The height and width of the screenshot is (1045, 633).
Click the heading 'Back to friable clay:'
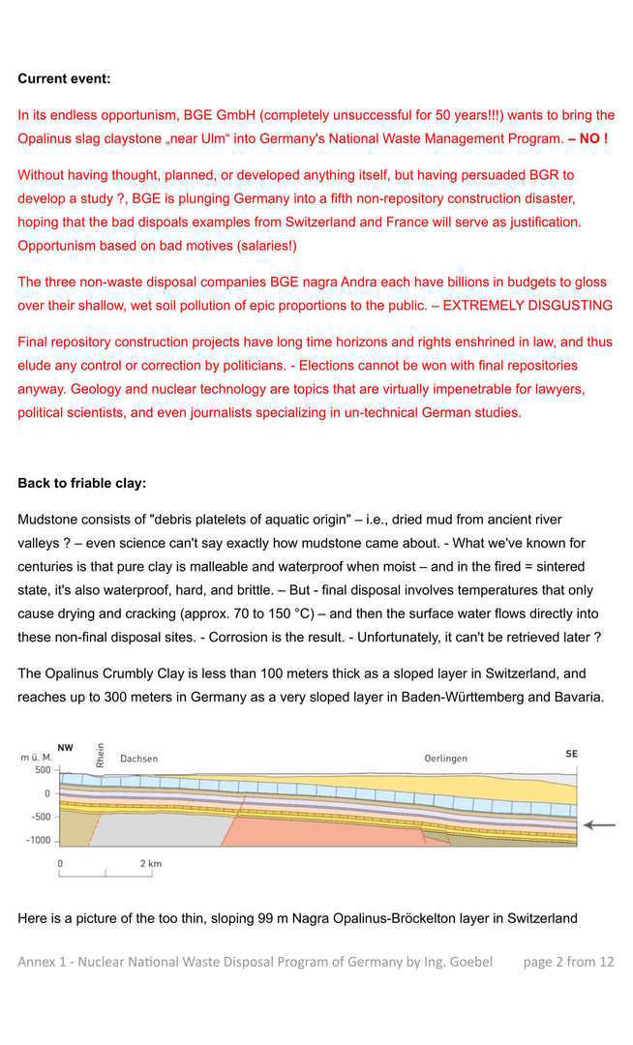click(x=81, y=483)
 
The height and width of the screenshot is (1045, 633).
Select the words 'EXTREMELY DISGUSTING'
click(x=527, y=306)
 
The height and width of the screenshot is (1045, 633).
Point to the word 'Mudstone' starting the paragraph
click(x=48, y=520)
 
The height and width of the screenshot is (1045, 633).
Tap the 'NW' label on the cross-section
click(x=65, y=747)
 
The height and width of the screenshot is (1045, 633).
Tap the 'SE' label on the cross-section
click(x=571, y=753)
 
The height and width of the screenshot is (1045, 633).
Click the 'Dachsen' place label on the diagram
click(x=138, y=759)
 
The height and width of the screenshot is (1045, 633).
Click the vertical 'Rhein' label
click(x=100, y=755)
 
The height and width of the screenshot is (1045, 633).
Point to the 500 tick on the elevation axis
click(x=43, y=770)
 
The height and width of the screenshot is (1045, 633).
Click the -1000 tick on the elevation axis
click(x=39, y=840)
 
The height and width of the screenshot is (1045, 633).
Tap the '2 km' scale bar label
click(x=151, y=862)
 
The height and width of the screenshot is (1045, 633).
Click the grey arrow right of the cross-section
click(x=599, y=825)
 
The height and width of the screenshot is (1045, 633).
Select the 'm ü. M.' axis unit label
click(x=37, y=757)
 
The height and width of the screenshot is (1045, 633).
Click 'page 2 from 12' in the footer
click(x=568, y=962)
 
